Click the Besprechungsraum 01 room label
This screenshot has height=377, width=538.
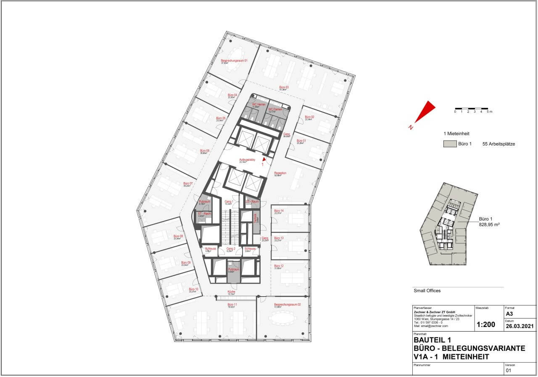(234, 61)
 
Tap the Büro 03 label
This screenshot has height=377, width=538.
(284, 87)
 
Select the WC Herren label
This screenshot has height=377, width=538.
(258, 104)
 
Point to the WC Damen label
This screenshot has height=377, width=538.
(276, 109)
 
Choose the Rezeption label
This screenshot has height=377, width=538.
(280, 173)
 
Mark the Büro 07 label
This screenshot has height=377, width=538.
(188, 184)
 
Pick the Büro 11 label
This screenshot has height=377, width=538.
(232, 304)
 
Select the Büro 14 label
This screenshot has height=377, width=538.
(279, 211)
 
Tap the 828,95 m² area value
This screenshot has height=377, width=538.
(490, 225)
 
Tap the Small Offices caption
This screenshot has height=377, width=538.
(427, 290)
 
